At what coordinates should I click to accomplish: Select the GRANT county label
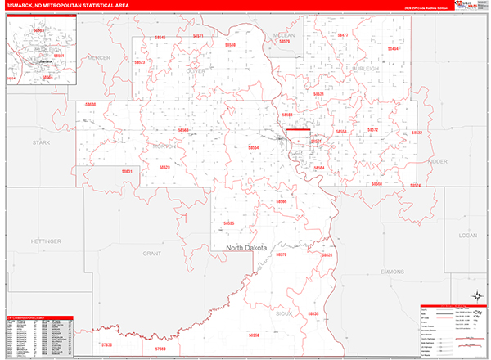tap(152, 254)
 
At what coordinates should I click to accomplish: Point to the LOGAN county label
tap(467, 234)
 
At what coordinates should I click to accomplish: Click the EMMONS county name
tap(393, 272)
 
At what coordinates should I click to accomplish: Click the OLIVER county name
tap(196, 70)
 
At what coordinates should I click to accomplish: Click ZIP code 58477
tap(342, 35)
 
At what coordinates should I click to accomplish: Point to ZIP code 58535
tap(228, 223)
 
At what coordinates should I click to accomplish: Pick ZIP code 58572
tap(372, 130)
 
